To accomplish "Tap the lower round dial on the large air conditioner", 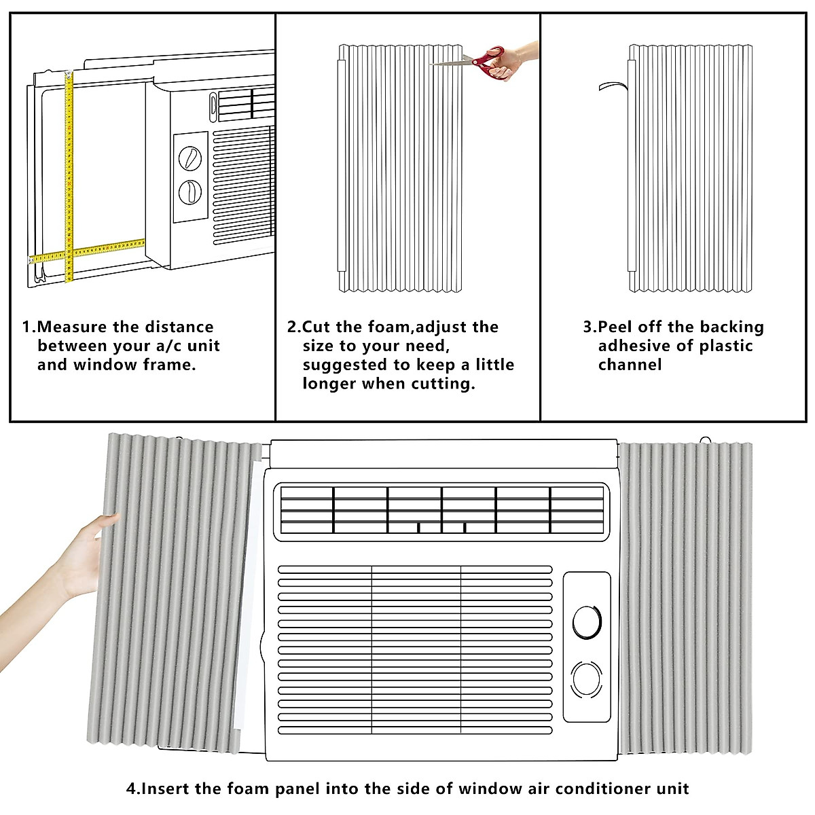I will pos(587,679).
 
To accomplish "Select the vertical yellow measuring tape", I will pos(69,177).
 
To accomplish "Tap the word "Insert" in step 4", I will pos(166,789).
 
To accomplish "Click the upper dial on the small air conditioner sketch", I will pos(189,158).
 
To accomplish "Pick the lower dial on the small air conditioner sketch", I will pos(189,192).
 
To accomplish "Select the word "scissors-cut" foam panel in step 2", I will pos(401,170).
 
